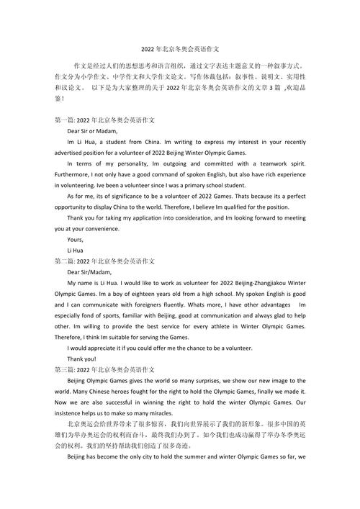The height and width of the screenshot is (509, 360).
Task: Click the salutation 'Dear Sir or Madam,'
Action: pos(91,131)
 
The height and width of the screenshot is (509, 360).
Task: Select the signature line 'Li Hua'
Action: pos(76,251)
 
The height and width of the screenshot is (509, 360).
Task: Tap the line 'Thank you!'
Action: pos(81,359)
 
